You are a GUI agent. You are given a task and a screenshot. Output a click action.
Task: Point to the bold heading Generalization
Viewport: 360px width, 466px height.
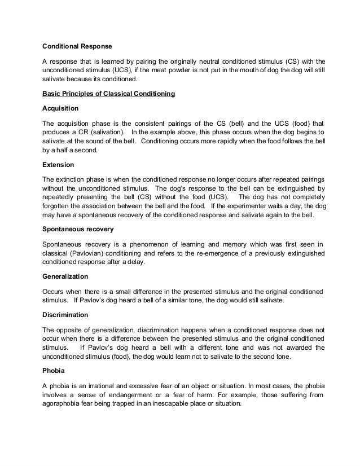coord(65,276)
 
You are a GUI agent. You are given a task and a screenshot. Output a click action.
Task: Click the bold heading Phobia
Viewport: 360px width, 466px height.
coord(54,372)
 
